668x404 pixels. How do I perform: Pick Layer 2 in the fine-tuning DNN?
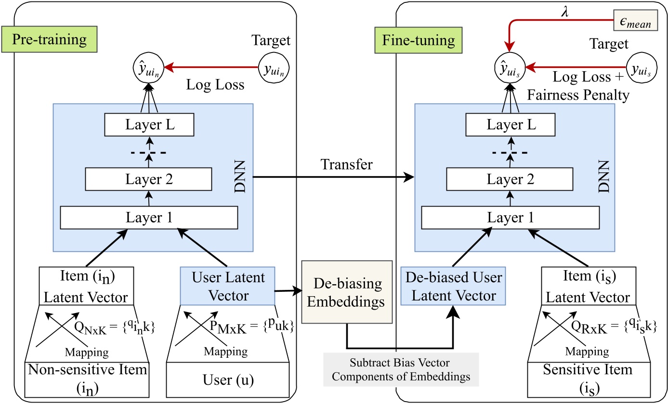click(x=511, y=180)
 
